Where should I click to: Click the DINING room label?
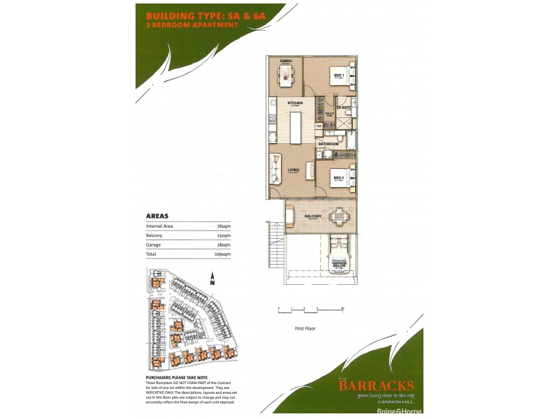click(x=285, y=61)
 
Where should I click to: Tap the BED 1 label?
click(x=337, y=75)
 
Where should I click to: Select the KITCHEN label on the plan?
click(x=294, y=103)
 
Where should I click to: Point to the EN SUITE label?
click(x=344, y=108)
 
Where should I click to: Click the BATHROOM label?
click(x=328, y=144)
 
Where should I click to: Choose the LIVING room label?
click(x=293, y=168)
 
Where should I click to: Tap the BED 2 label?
click(x=337, y=178)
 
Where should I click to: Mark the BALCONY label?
click(x=312, y=216)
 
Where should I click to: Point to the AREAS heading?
click(x=157, y=216)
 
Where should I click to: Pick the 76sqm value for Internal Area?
click(x=224, y=226)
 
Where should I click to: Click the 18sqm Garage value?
click(x=224, y=245)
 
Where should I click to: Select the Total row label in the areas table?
click(x=151, y=254)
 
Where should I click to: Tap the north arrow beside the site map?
click(x=211, y=281)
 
